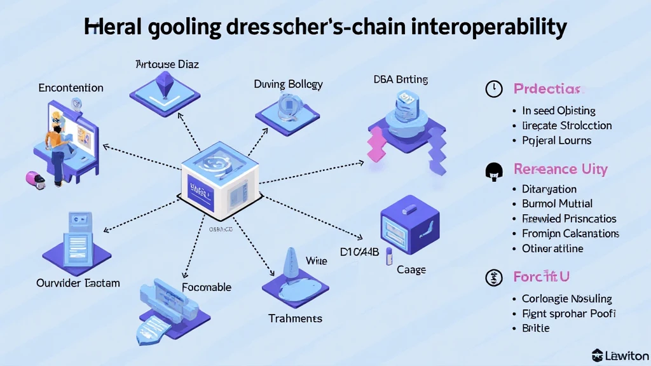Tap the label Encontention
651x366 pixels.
tap(71, 88)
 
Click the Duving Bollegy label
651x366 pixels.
tap(288, 84)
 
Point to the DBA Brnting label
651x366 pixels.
tap(400, 79)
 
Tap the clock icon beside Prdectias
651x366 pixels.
tap(493, 89)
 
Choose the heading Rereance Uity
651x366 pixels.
tap(560, 170)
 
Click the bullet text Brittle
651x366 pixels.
tap(535, 328)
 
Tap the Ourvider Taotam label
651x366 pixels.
tap(78, 283)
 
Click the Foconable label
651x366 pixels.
tap(207, 287)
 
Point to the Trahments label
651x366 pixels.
tap(295, 318)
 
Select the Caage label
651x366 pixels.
tap(411, 270)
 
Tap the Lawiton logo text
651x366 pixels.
tap(626, 355)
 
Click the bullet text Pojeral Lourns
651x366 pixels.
tap(557, 140)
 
